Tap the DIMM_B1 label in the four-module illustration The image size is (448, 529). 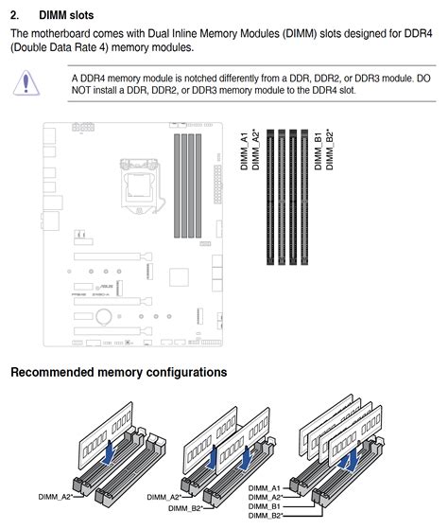click(x=266, y=506)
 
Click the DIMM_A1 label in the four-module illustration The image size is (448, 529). click(x=266, y=487)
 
